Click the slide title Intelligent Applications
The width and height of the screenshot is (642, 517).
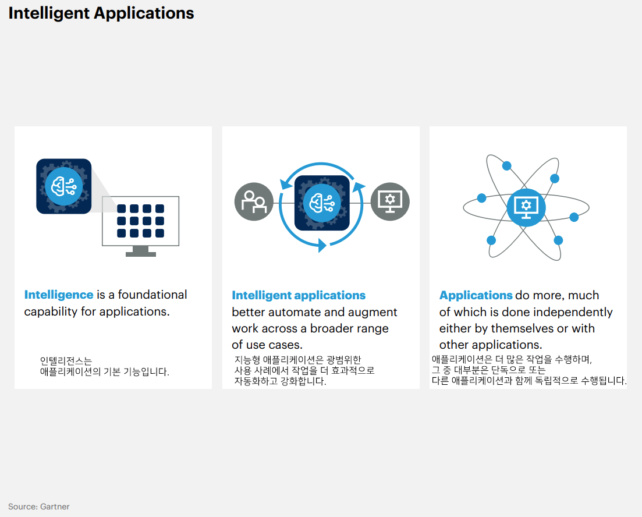101,13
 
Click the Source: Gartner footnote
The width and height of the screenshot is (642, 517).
38,507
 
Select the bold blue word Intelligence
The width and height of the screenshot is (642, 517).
59,295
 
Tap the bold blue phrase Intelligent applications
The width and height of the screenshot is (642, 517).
299,296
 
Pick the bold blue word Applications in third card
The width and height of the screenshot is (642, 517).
476,296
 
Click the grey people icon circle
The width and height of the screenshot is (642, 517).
254,202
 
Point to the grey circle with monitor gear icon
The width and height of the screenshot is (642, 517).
390,202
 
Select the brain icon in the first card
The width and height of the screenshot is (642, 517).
63,186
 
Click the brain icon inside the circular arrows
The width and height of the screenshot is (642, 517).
322,203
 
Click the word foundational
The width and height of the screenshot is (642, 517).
153,295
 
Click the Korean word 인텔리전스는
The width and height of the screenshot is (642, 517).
66,361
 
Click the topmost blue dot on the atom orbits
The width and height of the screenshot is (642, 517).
506,166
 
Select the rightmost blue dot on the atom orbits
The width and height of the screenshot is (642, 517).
574,217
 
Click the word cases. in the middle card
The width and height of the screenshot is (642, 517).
286,345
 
